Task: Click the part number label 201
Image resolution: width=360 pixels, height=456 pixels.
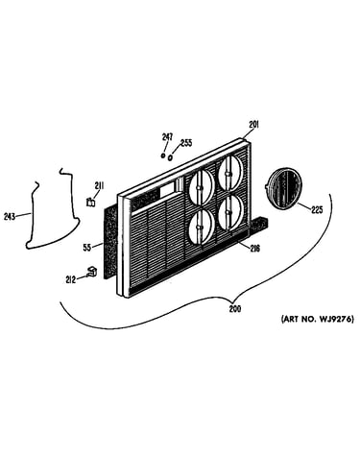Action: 253,125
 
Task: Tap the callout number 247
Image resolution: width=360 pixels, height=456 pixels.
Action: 167,137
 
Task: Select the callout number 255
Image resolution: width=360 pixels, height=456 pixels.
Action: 186,143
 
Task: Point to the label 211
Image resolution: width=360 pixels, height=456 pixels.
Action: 99,185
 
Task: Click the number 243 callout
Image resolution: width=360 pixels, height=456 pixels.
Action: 10,217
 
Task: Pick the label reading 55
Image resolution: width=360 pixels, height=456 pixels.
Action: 86,248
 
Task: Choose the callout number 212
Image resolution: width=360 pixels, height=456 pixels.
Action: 70,279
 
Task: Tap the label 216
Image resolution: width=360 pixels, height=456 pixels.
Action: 255,248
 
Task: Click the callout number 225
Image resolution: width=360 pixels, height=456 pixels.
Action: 317,210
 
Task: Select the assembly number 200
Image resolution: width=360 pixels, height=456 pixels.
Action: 235,309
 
